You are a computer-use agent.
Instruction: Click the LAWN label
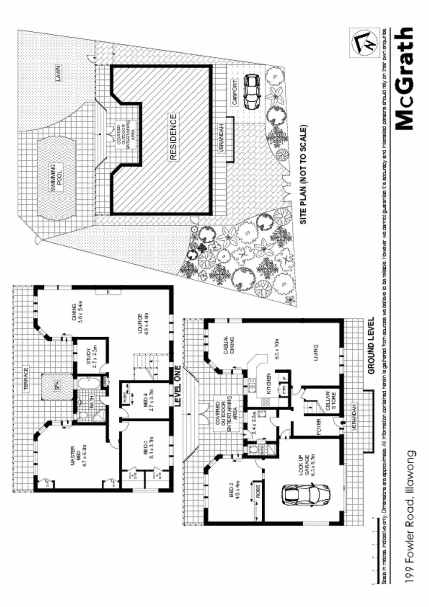pos(58,73)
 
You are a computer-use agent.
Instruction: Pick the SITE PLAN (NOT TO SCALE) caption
pos(303,175)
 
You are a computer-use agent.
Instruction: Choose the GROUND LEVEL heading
pos(372,346)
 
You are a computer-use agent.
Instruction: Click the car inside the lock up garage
pos(306,496)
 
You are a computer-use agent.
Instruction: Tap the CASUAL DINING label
pos(229,344)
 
